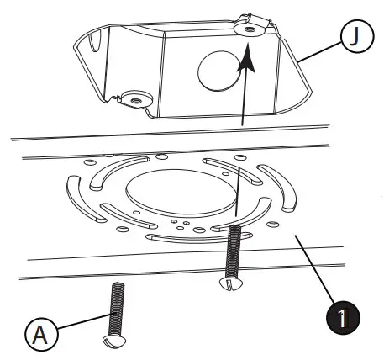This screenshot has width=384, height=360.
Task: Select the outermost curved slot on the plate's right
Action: [x=287, y=188]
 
